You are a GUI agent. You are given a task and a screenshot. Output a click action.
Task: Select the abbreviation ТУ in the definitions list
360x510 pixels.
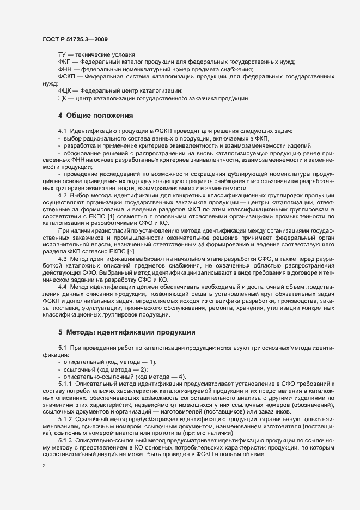click(62, 55)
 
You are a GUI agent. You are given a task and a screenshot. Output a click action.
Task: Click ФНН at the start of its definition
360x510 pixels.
click(64, 70)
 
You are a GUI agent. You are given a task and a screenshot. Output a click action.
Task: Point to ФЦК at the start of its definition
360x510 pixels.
click(64, 90)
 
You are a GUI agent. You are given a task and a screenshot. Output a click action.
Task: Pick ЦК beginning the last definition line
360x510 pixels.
click(62, 98)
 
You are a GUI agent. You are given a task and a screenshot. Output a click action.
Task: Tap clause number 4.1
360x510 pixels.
click(62, 132)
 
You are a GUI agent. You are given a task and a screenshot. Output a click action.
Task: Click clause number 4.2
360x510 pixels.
click(62, 195)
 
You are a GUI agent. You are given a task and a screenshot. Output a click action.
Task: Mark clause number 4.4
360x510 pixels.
click(62, 286)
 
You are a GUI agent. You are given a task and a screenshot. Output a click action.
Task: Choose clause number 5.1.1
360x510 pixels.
click(65, 384)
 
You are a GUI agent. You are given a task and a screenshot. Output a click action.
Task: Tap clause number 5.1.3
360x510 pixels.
click(65, 440)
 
